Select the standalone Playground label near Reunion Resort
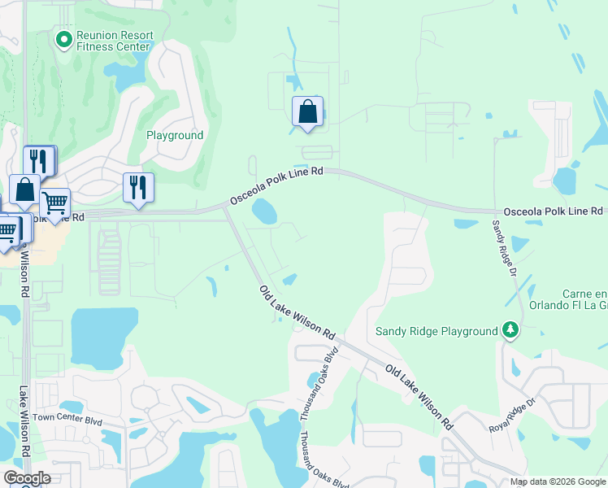point(175,135)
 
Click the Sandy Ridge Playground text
point(436,331)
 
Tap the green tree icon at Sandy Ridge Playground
point(510,329)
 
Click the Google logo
point(26,478)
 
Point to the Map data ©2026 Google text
point(558,481)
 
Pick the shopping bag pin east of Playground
point(307,112)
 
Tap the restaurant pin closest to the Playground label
point(138,188)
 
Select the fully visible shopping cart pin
point(54,203)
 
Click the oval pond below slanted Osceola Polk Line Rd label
point(263,212)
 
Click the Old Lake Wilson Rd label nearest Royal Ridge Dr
point(419,397)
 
